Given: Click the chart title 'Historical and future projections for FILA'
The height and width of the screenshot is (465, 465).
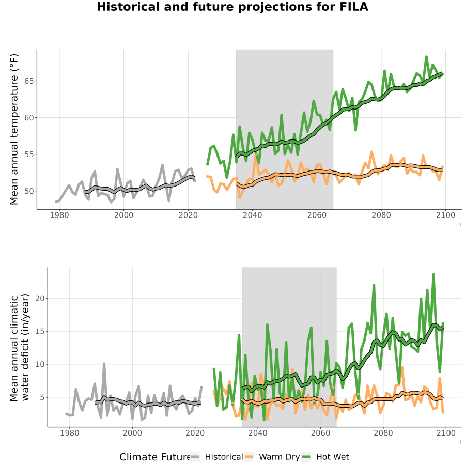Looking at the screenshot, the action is pos(233,7).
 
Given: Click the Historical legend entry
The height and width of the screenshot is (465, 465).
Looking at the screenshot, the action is pos(216,457).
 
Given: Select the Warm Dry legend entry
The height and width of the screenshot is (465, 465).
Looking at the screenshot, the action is pos(272,457).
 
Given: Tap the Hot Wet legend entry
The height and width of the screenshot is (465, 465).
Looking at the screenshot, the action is pos(326,457).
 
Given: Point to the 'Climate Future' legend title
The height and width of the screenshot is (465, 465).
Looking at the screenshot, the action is pos(154,457).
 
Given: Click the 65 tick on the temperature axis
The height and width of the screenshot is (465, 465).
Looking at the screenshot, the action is pos(29,81).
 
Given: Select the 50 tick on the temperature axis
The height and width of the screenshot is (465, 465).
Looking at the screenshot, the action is pos(29,191).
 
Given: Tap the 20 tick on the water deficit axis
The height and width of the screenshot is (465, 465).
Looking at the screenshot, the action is pos(40,298).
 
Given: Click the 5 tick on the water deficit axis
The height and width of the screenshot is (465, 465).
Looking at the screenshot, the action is pos(42,397).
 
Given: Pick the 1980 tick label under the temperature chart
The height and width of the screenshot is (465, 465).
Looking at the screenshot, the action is pos(59,215).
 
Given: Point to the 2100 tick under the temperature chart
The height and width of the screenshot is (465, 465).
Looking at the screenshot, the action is pos(445,215).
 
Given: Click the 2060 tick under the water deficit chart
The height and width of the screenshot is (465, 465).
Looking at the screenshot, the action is pos(320,433).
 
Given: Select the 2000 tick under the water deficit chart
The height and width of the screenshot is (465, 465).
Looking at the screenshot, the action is pos(132,433).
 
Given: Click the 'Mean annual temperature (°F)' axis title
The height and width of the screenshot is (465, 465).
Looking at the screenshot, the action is pos(14,129).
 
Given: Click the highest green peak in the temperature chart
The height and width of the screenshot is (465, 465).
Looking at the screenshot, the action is pos(426,56).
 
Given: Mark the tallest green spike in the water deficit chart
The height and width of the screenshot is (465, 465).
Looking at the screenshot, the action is pos(433,275).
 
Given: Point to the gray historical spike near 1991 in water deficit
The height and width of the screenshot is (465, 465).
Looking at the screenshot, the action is pos(104,364).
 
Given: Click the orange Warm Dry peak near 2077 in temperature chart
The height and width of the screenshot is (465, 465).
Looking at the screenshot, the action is pos(371,152).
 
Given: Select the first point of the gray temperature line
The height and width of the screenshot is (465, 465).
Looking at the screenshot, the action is pos(56,202).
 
